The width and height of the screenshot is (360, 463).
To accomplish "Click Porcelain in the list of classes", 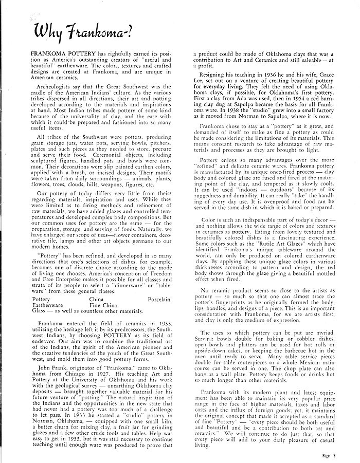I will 163,299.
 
